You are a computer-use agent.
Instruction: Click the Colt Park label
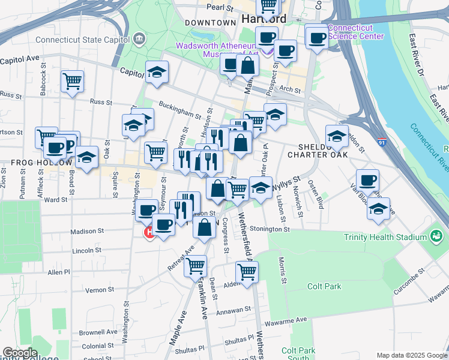(324, 287)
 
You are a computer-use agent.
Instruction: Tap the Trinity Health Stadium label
(384, 236)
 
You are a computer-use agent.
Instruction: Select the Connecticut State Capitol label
(82, 40)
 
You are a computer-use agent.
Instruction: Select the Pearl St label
(220, 8)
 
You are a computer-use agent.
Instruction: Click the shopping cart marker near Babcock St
(72, 80)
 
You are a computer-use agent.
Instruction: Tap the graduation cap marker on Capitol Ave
(157, 71)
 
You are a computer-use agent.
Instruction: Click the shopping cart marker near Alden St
(247, 271)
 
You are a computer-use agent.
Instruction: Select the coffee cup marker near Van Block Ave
(367, 179)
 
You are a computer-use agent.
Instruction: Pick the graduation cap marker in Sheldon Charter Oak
(337, 136)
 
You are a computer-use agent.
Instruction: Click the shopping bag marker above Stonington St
(204, 227)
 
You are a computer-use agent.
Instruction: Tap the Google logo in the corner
(20, 353)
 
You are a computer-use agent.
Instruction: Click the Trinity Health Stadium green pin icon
(436, 236)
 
